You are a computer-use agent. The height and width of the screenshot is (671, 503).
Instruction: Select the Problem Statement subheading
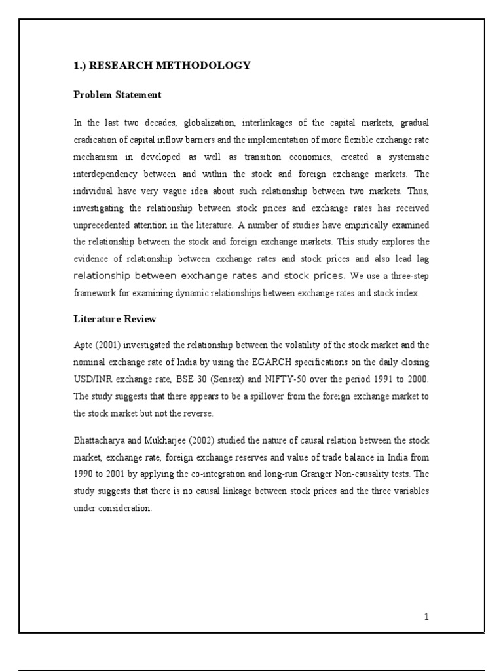pyautogui.click(x=117, y=95)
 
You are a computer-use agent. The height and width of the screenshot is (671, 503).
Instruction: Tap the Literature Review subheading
pyautogui.click(x=114, y=319)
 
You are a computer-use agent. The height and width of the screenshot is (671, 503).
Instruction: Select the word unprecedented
pyautogui.click(x=106, y=225)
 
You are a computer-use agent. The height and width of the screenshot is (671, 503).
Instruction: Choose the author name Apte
pyautogui.click(x=83, y=345)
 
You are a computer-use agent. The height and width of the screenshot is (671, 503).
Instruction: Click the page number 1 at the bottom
pyautogui.click(x=426, y=617)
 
